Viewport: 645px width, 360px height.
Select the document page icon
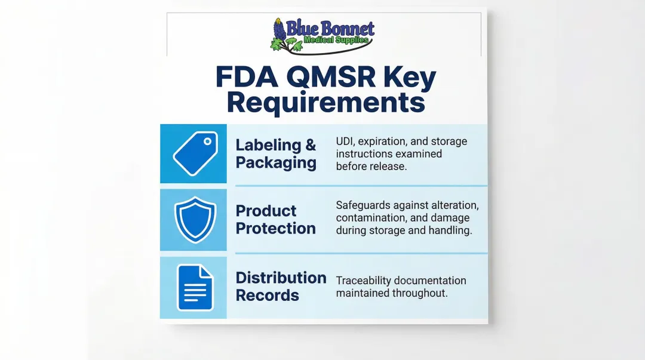coord(195,288)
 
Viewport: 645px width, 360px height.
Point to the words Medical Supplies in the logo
coord(336,40)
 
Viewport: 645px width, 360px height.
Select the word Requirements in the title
coord(325,103)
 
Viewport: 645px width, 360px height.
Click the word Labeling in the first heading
coord(268,145)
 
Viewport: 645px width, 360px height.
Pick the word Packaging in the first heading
coord(276,163)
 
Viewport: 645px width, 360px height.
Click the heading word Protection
coord(275,228)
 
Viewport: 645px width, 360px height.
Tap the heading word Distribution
coord(281,278)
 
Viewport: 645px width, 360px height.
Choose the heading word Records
coord(267,295)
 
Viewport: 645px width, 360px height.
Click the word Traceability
coord(365,281)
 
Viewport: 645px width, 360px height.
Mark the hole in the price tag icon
coord(207,142)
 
